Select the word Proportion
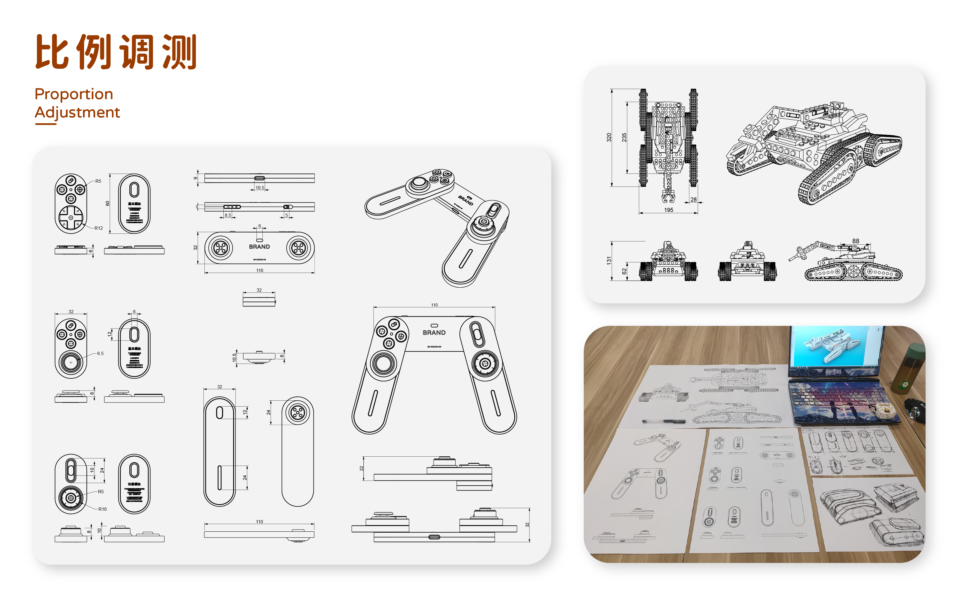74,94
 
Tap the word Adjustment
77,113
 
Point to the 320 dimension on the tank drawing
609,137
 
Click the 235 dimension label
624,137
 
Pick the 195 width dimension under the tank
668,210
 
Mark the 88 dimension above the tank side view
855,241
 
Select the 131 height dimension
609,260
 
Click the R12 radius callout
98,228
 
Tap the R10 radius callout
102,509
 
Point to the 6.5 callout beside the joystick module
100,354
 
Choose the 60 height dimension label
107,203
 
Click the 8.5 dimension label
228,215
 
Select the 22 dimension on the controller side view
361,468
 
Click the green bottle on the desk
908,369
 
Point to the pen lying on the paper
663,421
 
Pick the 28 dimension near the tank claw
693,199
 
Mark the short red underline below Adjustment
46,124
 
